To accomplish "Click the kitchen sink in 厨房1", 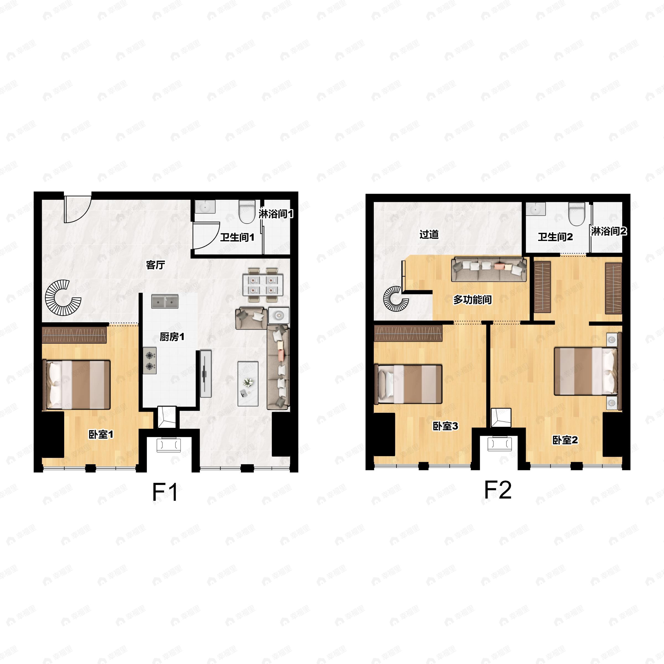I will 165,301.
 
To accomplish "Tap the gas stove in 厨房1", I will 150,360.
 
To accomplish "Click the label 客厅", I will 155,265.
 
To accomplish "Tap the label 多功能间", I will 472,300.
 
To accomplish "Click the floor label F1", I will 165,492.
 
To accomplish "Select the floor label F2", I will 498,490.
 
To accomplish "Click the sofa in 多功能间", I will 489,269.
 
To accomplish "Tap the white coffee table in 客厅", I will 248,383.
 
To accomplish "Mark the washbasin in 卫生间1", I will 205,207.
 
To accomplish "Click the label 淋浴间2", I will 609,231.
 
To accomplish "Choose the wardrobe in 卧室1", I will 74,335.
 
